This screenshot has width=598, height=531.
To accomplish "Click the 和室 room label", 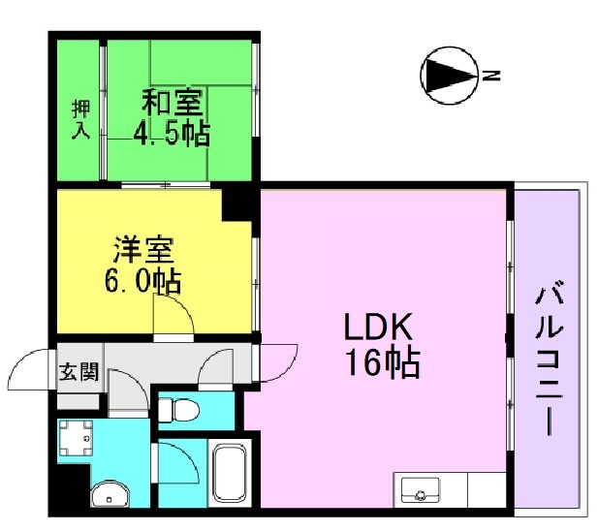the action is click(173, 102).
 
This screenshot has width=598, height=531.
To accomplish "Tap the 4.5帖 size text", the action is click(172, 133).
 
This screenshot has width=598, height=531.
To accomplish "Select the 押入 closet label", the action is click(80, 118).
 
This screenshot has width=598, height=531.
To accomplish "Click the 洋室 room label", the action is click(144, 250).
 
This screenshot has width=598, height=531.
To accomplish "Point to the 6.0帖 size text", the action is click(142, 281).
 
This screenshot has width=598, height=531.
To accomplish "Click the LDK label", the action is click(378, 327).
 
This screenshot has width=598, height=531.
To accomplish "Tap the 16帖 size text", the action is click(382, 363).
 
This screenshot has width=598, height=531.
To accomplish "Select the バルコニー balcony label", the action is click(550, 358).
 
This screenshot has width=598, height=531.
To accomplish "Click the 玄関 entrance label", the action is click(79, 371).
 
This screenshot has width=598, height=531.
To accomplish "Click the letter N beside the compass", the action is click(491, 76).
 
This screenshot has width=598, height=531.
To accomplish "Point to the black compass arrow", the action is click(450, 76).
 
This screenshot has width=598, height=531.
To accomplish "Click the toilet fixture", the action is click(178, 411).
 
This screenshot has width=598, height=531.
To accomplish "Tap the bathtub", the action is click(230, 473).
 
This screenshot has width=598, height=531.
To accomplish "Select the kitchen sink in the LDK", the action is click(421, 489).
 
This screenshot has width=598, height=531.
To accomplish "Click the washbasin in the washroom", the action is click(110, 494).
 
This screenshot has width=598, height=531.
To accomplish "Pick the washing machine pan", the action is click(76, 438).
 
